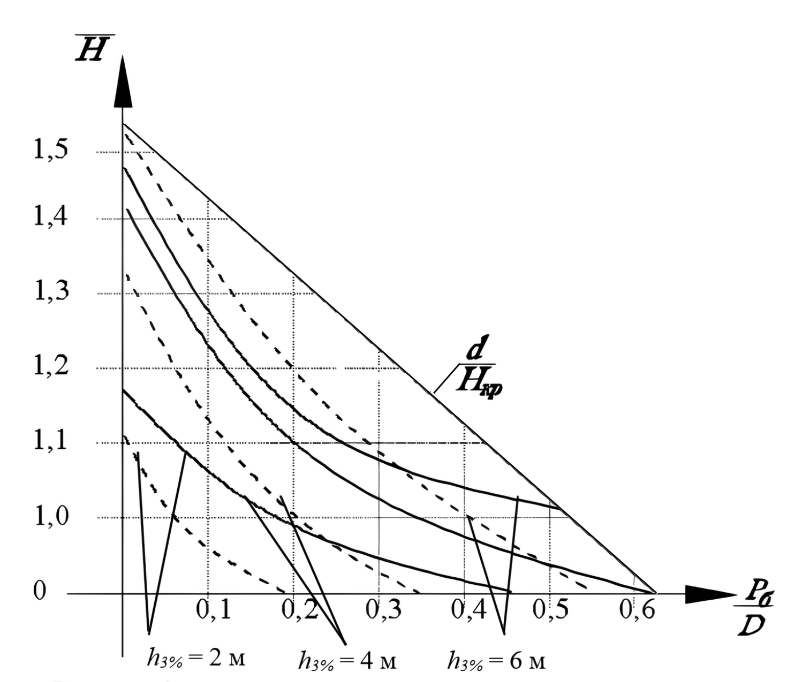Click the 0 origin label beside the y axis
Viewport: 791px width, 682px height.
tap(39, 590)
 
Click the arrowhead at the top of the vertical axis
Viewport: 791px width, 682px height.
tap(123, 82)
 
